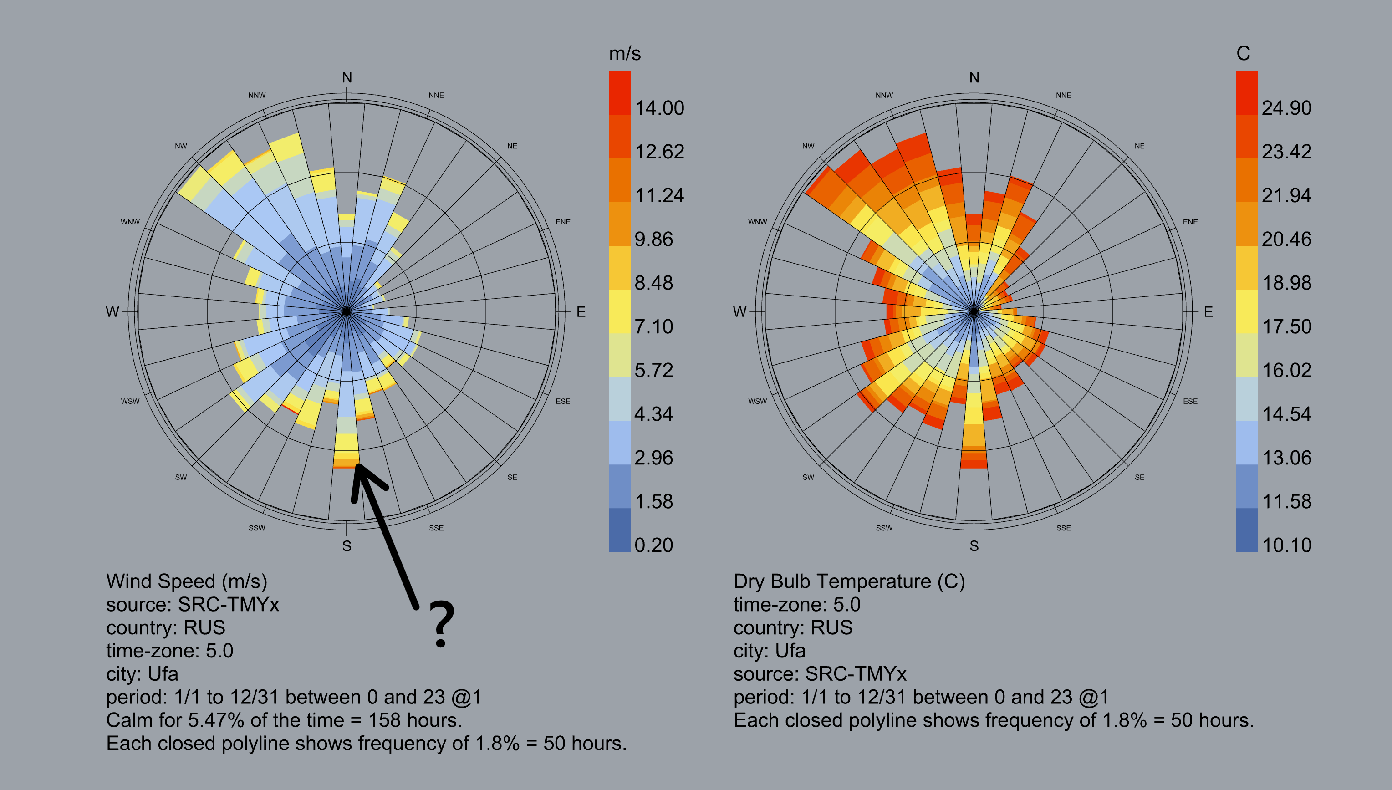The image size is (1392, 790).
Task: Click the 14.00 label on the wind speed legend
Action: (x=659, y=108)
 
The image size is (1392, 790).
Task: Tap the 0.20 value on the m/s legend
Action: (x=654, y=545)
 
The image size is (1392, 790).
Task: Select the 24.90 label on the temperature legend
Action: (x=1286, y=108)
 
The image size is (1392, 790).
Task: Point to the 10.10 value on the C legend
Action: (x=1287, y=545)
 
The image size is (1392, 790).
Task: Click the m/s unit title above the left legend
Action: (x=624, y=54)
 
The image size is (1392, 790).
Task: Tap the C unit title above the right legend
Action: (x=1243, y=53)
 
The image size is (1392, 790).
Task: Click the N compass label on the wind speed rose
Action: (x=347, y=77)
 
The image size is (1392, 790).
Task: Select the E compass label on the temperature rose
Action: (x=1208, y=311)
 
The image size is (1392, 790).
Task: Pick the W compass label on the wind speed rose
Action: (x=112, y=311)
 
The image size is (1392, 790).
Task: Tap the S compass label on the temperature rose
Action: (x=974, y=546)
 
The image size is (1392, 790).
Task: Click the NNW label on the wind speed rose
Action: (x=257, y=96)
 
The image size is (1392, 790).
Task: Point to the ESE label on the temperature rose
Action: (x=1190, y=401)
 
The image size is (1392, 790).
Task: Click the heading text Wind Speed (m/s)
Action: (x=187, y=581)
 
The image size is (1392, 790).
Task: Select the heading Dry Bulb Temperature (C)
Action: (x=849, y=581)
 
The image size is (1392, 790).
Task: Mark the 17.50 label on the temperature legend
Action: (x=1286, y=326)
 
